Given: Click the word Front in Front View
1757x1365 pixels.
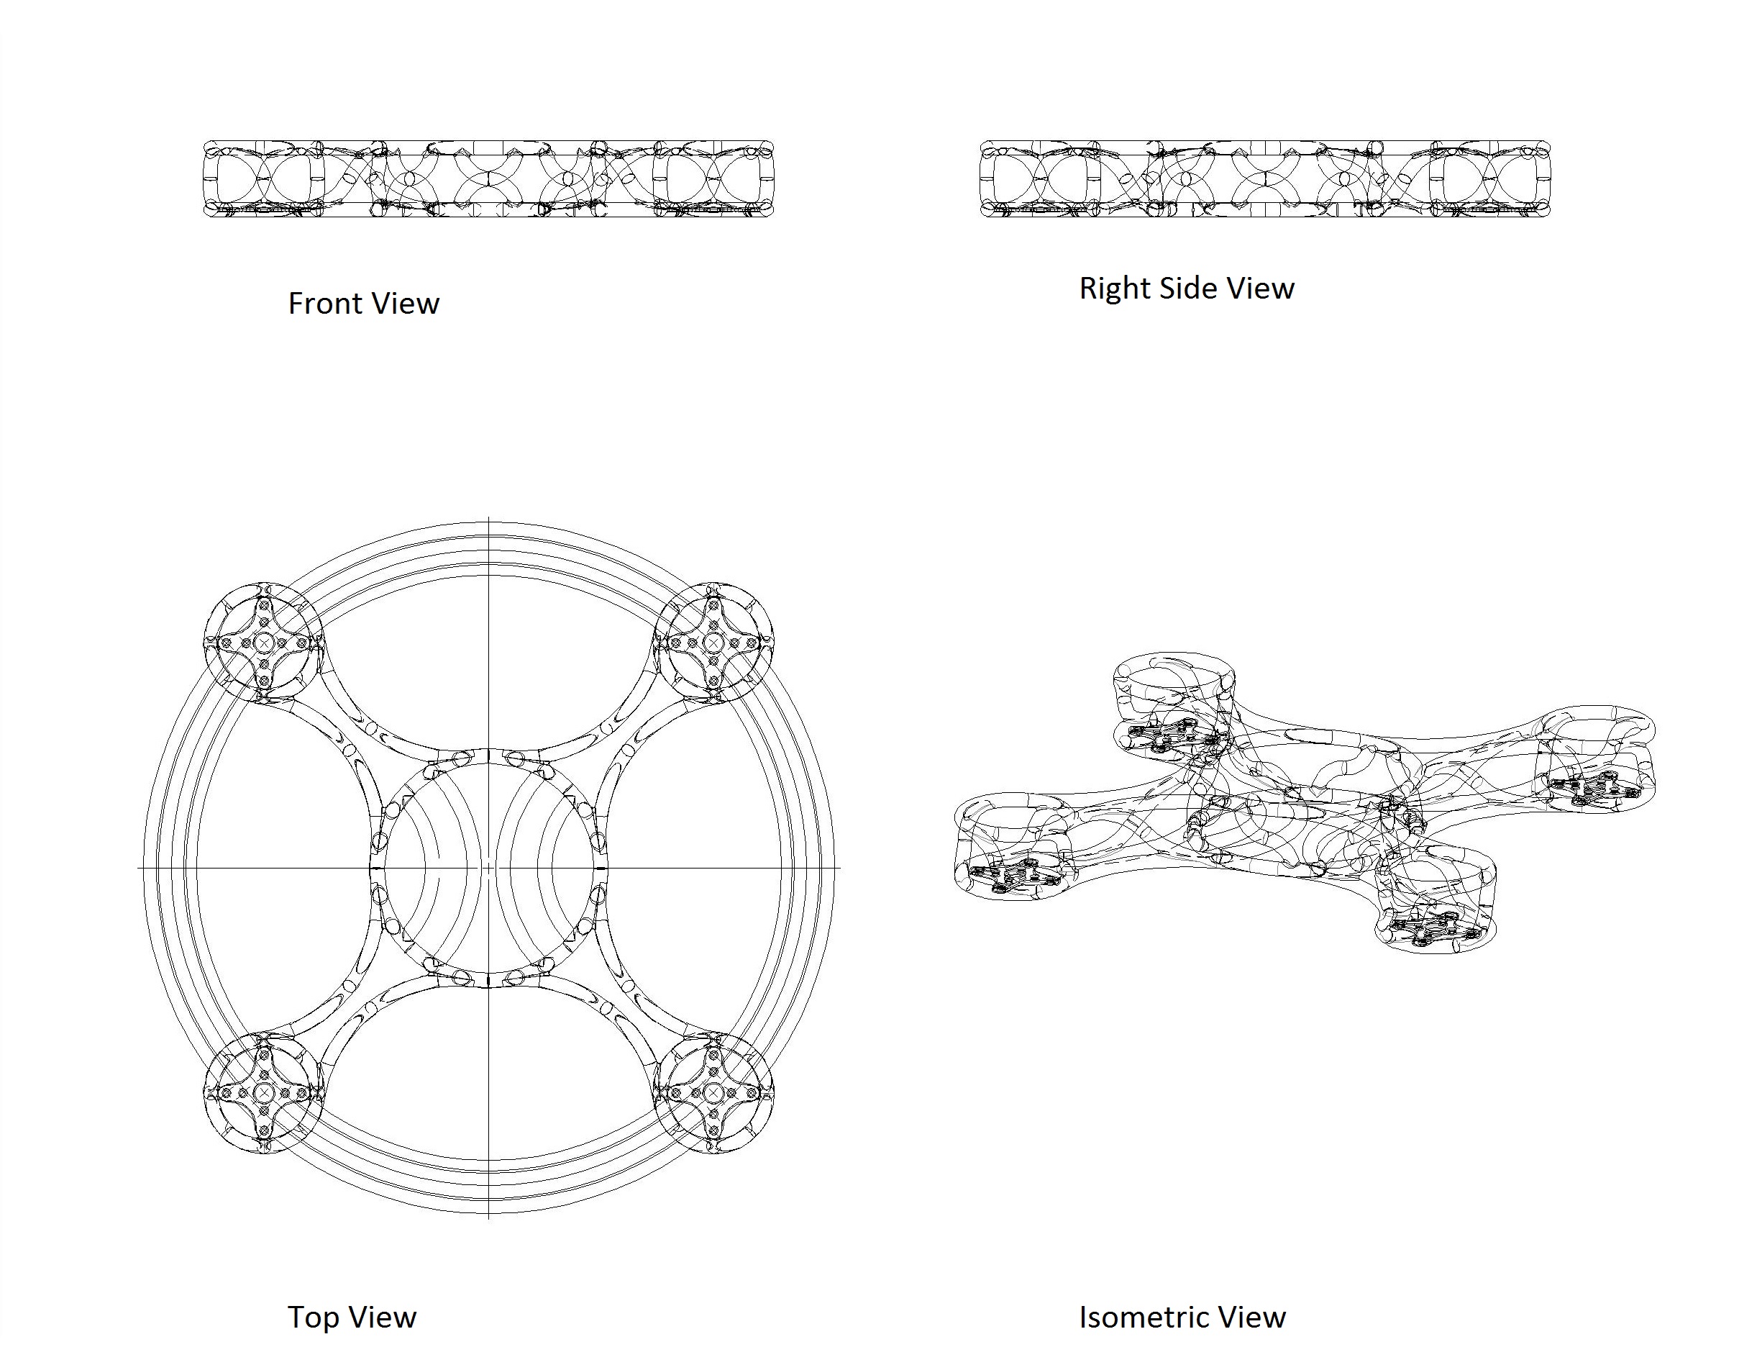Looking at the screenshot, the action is click(x=324, y=304).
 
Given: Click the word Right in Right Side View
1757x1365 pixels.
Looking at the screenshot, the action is click(x=1113, y=288).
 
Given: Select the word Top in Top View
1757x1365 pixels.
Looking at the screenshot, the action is click(x=310, y=1318).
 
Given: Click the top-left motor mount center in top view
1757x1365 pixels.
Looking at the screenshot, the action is click(x=264, y=643).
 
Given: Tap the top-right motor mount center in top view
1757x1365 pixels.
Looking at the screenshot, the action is click(x=713, y=643).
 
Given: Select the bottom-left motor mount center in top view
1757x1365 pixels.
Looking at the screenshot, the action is click(x=264, y=1093).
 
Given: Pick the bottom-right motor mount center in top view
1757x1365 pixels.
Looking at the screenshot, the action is click(x=713, y=1093).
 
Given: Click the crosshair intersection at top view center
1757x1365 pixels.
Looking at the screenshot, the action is click(x=489, y=868).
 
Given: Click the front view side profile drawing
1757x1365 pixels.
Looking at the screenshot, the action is click(x=488, y=178).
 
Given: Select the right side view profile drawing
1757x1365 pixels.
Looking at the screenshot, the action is click(x=1264, y=178).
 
